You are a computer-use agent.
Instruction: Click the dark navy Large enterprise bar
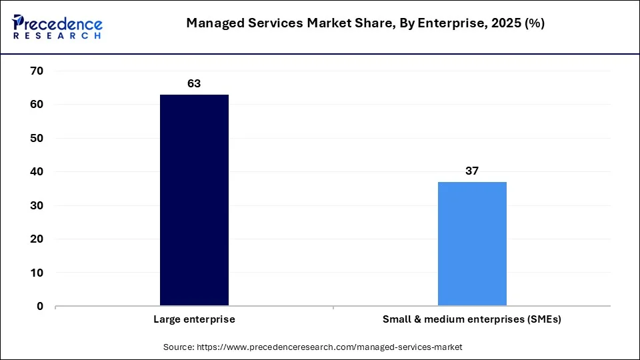coord(194,200)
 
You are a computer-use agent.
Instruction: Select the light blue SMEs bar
coord(472,244)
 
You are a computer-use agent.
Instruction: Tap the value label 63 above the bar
coord(194,84)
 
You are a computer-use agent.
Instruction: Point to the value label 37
coord(472,171)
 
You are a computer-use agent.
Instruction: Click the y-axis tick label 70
coord(37,71)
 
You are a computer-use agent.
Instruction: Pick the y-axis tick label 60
coord(37,105)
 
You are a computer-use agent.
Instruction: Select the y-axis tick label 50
coord(37,138)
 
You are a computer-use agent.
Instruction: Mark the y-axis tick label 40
coord(37,172)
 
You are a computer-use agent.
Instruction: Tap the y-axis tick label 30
coord(37,205)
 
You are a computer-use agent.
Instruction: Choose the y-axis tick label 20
coord(37,239)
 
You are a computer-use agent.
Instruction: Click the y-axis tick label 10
coord(37,273)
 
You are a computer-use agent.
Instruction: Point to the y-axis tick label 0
coord(40,307)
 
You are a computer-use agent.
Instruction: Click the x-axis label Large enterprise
coord(194,319)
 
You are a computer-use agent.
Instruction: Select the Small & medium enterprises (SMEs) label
coord(472,319)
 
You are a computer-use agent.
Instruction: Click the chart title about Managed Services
coord(365,23)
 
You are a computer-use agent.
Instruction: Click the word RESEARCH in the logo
coord(57,35)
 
